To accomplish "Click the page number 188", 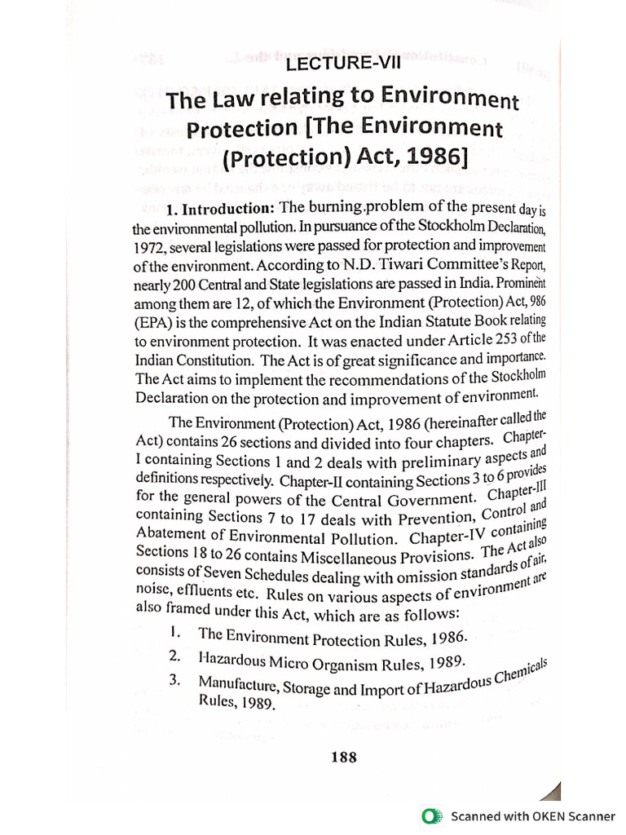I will pyautogui.click(x=344, y=758).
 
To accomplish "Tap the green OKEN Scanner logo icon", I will pyautogui.click(x=430, y=815).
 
